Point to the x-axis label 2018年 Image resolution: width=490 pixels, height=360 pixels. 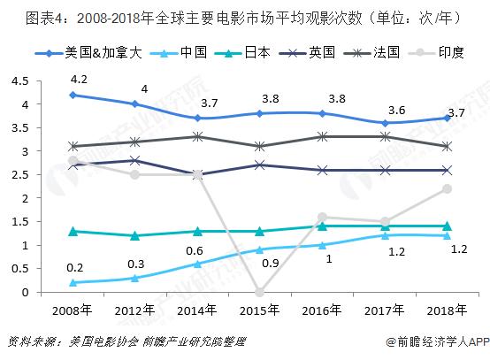pos(447,310)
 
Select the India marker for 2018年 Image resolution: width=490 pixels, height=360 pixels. pos(447,188)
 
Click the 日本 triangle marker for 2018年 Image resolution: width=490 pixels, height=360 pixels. pos(447,226)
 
